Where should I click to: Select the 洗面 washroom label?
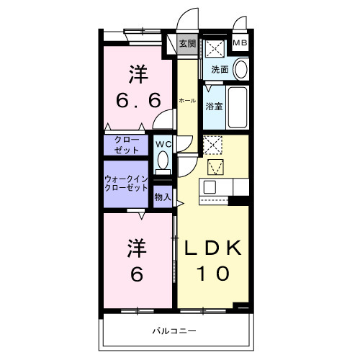click(x=220, y=70)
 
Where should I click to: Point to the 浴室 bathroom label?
click(x=214, y=107)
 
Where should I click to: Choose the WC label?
click(x=163, y=143)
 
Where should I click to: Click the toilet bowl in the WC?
click(x=163, y=160)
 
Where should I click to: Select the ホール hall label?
click(x=186, y=101)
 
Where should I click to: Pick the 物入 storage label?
click(x=163, y=196)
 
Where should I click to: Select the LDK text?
click(x=214, y=247)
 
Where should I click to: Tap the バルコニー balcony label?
click(x=173, y=332)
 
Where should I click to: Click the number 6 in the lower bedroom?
click(x=138, y=274)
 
